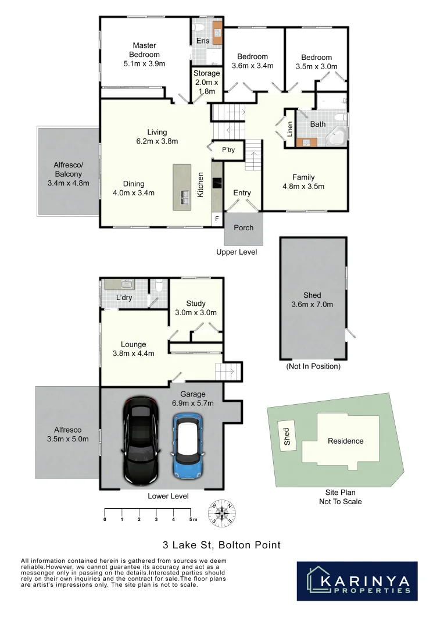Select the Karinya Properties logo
[x=357, y=581]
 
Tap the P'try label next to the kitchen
[x=228, y=150]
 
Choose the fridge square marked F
[x=217, y=219]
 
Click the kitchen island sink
[x=185, y=197]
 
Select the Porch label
[x=244, y=227]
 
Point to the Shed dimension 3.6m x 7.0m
[x=312, y=304]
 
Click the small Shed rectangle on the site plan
[x=287, y=434]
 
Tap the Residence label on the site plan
[x=346, y=441]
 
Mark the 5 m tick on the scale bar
[x=191, y=512]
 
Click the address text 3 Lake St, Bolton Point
[x=221, y=545]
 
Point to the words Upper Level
[x=237, y=252]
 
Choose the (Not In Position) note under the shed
[x=313, y=366]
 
